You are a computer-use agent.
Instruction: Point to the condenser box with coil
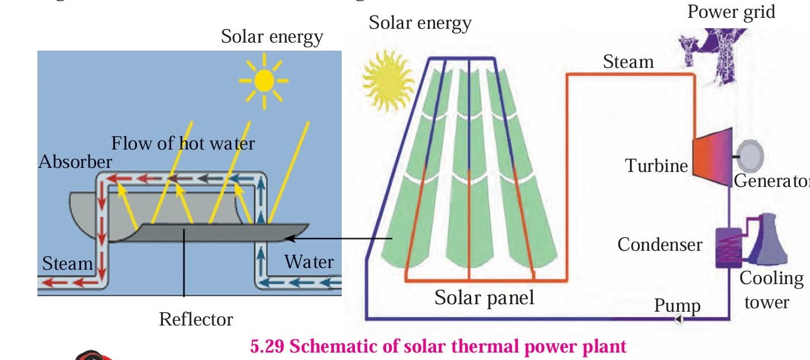[x=728, y=246]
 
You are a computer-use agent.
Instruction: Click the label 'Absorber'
[x=75, y=162]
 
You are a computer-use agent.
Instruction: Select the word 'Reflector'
[x=196, y=319]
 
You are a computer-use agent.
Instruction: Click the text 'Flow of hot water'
[x=182, y=143]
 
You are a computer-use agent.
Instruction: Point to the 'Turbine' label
[x=656, y=166]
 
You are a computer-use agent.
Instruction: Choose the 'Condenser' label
[x=660, y=245]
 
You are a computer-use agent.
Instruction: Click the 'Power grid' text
[x=731, y=11]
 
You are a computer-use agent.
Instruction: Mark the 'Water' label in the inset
[x=309, y=262]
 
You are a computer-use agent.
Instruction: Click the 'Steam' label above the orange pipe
[x=628, y=62]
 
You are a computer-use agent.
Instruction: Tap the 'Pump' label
[x=677, y=305]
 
